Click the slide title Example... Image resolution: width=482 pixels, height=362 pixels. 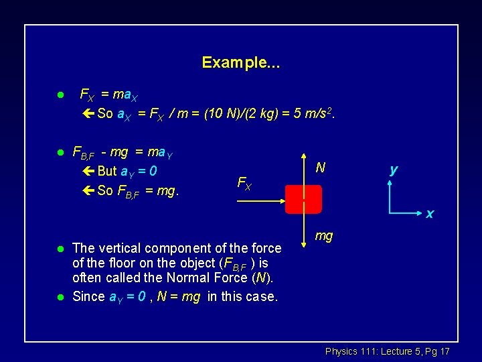(241, 63)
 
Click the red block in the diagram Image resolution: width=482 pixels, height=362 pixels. (303, 199)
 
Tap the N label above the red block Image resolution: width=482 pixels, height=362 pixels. (321, 168)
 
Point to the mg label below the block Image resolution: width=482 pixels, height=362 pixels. (324, 236)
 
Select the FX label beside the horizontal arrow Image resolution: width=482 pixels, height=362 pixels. (244, 183)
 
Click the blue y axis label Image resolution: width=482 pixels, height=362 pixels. (394, 170)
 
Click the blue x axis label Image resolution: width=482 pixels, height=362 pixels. (430, 215)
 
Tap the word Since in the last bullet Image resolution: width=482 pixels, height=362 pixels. (88, 296)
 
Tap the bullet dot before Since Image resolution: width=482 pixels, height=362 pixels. (60, 296)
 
